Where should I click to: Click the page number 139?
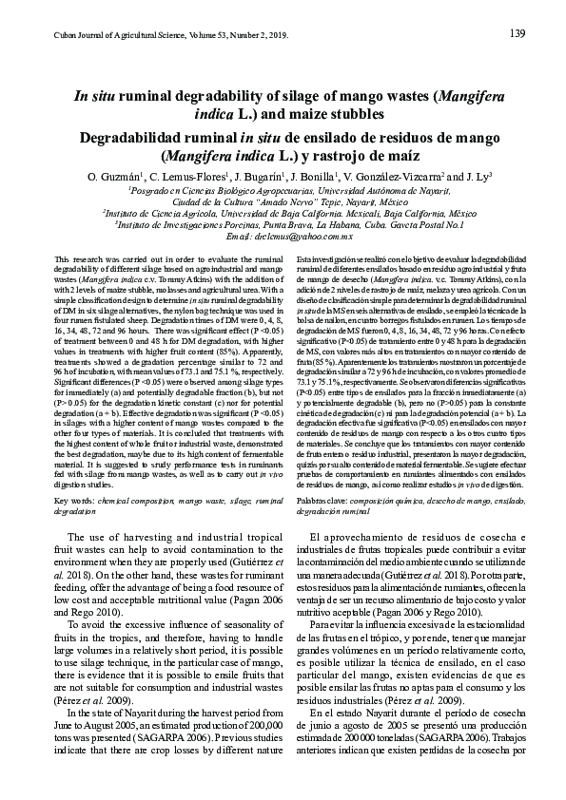(518, 34)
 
